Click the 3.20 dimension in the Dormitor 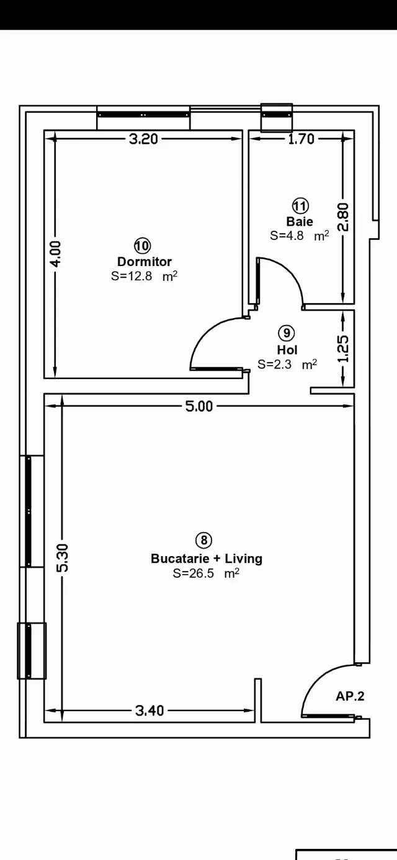tap(143, 139)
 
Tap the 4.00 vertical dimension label tap(56, 254)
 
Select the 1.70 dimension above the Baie tap(301, 139)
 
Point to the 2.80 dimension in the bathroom tap(343, 217)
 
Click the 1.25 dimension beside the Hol tap(343, 349)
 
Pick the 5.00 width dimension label tap(199, 406)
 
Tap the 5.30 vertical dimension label tap(63, 558)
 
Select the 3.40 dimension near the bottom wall tap(149, 711)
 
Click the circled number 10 tap(143, 246)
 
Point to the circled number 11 tap(301, 206)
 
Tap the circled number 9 tap(287, 333)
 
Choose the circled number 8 tap(203, 540)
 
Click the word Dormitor tap(145, 262)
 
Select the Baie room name tap(300, 221)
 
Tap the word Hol tap(287, 350)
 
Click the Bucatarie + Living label tap(207, 558)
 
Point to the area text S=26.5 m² tap(206, 573)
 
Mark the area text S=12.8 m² tap(145, 276)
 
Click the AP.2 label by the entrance tap(350, 696)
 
